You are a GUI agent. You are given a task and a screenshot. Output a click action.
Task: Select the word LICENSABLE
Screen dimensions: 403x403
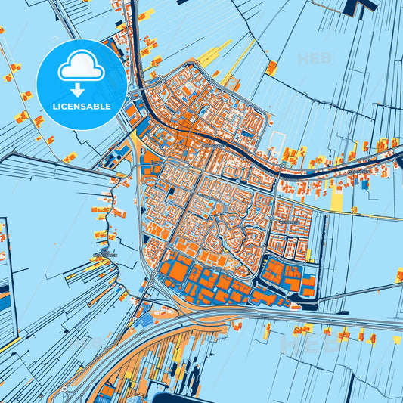point(80,107)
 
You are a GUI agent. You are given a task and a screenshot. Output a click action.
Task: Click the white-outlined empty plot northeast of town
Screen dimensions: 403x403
point(278,141)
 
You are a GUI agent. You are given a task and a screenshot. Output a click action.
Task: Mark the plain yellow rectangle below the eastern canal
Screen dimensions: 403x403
point(336,198)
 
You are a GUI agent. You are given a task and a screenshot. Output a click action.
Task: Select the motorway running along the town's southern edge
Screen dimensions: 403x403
point(227,318)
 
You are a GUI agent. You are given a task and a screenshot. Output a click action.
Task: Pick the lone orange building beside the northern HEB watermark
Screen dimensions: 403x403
point(271,68)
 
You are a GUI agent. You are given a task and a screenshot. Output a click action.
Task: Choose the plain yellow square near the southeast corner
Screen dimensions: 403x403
point(396,339)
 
